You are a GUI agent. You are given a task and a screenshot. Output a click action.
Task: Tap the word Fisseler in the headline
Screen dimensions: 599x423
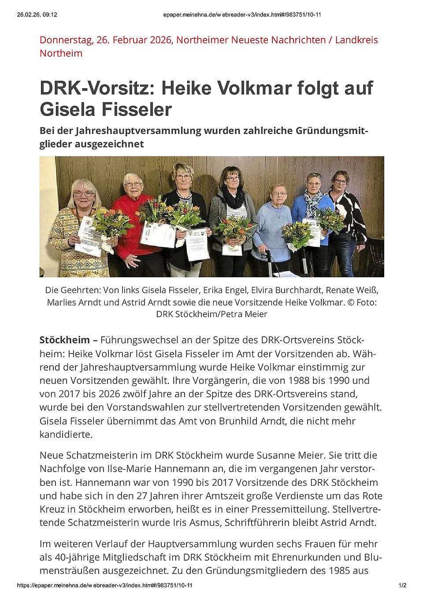(138, 110)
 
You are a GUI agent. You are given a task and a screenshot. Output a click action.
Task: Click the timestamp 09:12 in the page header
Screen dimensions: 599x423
(50, 15)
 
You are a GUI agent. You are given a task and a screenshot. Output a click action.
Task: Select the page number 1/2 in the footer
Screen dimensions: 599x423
(402, 585)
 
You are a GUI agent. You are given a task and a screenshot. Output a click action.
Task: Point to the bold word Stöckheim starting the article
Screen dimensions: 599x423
(64, 340)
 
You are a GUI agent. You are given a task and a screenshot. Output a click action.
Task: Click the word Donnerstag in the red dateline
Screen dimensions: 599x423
(66, 40)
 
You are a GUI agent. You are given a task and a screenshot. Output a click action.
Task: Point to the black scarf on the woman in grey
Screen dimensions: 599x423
(233, 198)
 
